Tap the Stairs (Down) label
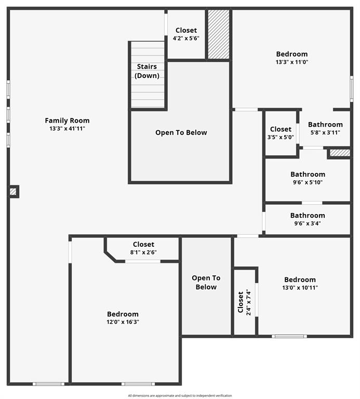147,71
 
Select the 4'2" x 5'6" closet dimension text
186,38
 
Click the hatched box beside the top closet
219,34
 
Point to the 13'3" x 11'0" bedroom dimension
291,62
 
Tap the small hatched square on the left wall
13,192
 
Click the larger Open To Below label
181,132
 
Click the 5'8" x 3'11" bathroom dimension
325,132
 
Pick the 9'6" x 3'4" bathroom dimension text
308,224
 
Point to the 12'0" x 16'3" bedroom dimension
123,322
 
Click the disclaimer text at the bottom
180,396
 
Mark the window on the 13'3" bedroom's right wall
352,88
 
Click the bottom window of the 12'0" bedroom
138,384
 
